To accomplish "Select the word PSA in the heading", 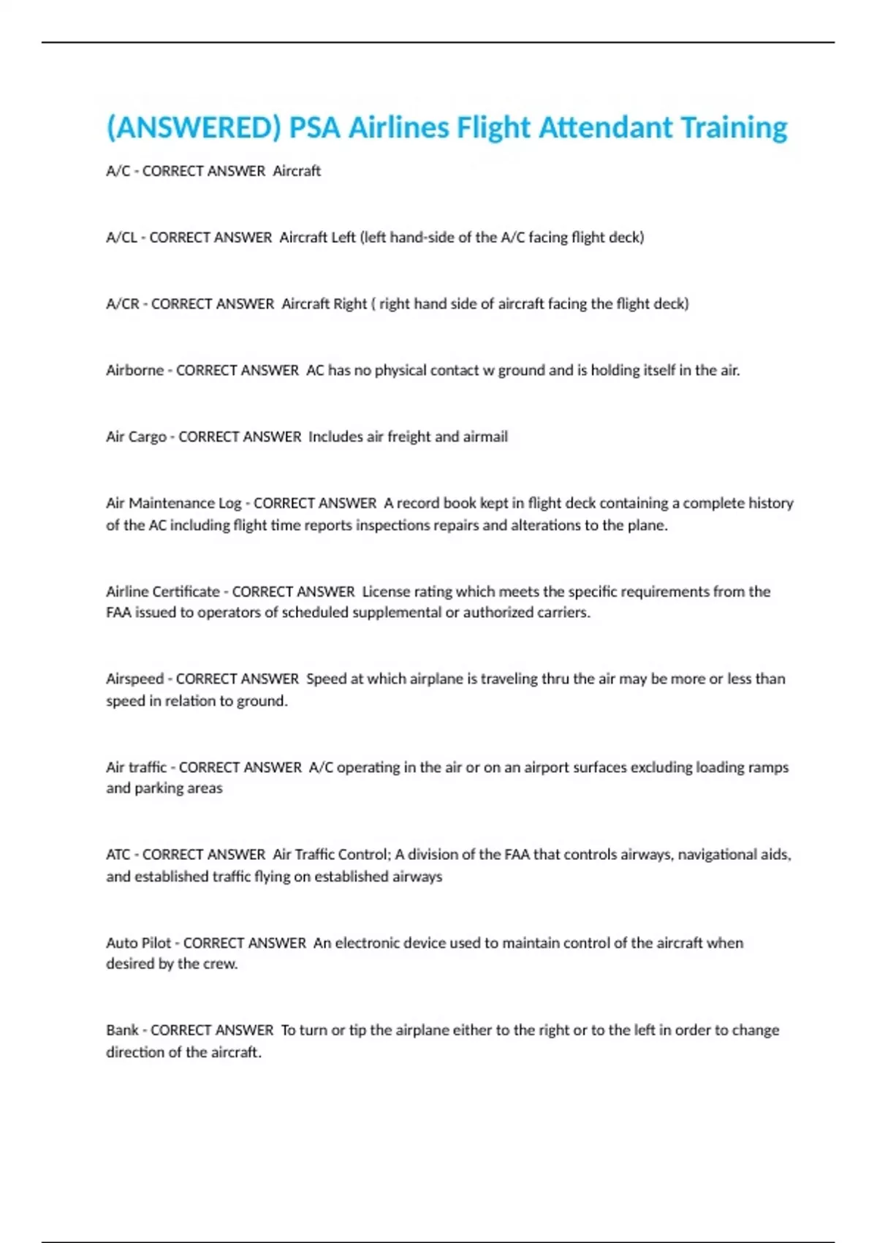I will (x=314, y=128).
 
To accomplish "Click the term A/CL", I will (x=121, y=238).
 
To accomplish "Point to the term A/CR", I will (x=122, y=304).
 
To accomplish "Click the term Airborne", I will (x=134, y=371).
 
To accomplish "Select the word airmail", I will (x=485, y=437).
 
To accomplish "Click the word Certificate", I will (x=183, y=592).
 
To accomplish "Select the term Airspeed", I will (x=134, y=679).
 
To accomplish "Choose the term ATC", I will (x=118, y=855).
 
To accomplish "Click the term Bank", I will (x=122, y=1030).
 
